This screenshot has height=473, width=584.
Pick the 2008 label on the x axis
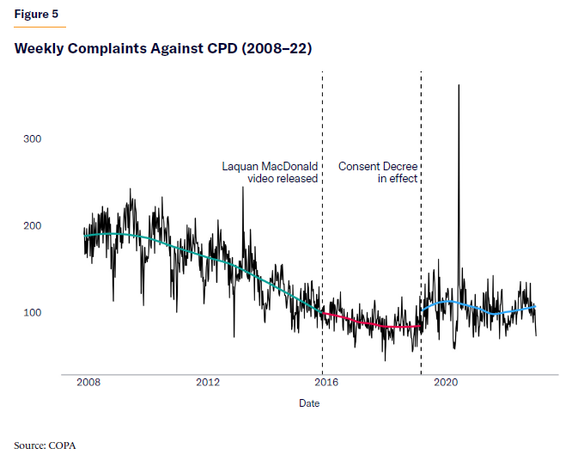pyautogui.click(x=88, y=383)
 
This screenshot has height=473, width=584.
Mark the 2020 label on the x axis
pyautogui.click(x=445, y=383)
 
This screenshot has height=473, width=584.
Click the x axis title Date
pyautogui.click(x=309, y=402)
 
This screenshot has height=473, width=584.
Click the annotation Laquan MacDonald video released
pyautogui.click(x=270, y=172)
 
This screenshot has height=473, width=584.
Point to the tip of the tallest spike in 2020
pyautogui.click(x=459, y=84)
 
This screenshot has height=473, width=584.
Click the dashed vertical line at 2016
pyautogui.click(x=322, y=258)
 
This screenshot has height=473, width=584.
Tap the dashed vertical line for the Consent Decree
pyautogui.click(x=421, y=258)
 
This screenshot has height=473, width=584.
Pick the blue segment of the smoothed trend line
pyautogui.click(x=481, y=308)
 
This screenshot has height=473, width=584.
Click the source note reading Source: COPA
pyautogui.click(x=51, y=445)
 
